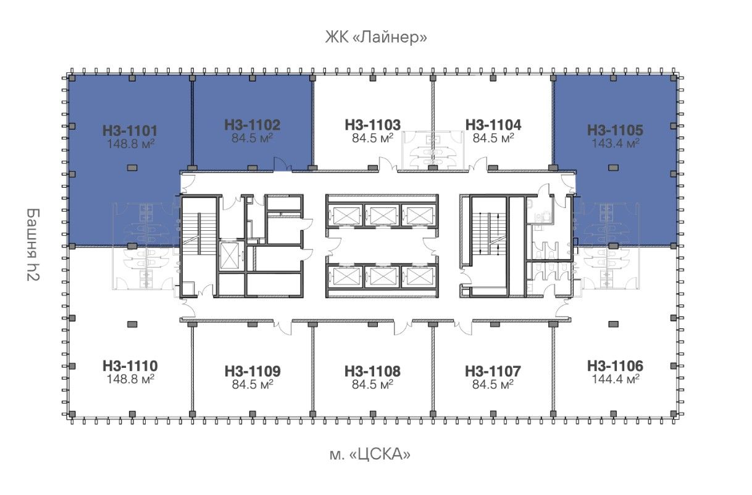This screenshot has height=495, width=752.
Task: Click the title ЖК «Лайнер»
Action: [x=376, y=37]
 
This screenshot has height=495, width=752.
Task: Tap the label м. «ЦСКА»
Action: [x=370, y=454]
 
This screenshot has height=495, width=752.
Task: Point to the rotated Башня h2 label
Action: [x=33, y=244]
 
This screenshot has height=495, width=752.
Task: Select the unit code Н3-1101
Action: [x=130, y=131]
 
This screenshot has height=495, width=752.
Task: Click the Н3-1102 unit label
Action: [x=252, y=125]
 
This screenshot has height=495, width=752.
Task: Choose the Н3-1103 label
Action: [x=373, y=125]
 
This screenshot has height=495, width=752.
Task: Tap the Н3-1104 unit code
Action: [x=493, y=125]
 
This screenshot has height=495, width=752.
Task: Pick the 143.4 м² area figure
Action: [x=615, y=143]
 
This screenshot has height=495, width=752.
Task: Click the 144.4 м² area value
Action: [x=615, y=379]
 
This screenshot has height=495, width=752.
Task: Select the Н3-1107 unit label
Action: [x=493, y=371]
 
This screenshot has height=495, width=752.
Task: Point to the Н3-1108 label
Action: [x=372, y=371]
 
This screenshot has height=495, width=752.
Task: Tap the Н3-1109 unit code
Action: [x=253, y=371]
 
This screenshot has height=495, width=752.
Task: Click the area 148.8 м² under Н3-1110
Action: [x=130, y=379]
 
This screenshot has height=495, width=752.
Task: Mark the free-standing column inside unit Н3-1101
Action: [x=132, y=167]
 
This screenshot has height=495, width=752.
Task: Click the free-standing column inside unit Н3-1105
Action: [x=613, y=167]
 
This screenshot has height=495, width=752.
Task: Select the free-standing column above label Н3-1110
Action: [x=132, y=324]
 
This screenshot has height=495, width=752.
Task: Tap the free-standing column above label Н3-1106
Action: [x=613, y=324]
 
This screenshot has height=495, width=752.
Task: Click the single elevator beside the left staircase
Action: [x=229, y=256]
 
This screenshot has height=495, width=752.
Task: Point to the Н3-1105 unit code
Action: [x=615, y=130]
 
